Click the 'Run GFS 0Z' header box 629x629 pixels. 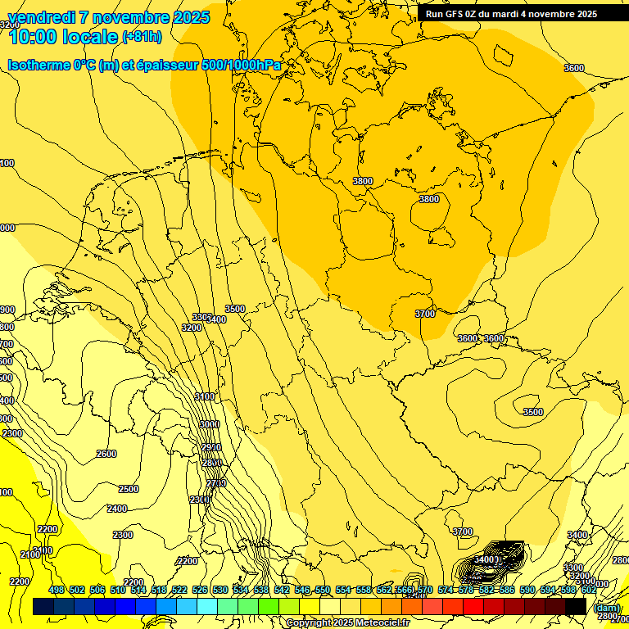point(510,13)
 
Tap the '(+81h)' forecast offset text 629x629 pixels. point(142,37)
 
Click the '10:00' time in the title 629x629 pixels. point(34,37)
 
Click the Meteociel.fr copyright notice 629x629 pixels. point(347,623)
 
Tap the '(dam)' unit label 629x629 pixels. point(606,608)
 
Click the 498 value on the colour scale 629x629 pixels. point(57,590)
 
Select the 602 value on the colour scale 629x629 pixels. point(589,590)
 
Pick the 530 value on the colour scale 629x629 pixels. point(220,590)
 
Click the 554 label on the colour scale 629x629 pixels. point(343,590)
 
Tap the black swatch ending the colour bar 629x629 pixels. point(576,606)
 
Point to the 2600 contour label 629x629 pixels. point(106,454)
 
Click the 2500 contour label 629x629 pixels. point(129,489)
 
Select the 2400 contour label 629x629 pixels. point(117,509)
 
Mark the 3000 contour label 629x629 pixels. point(209,424)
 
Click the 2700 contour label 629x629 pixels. point(216,483)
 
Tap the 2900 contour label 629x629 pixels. point(211,447)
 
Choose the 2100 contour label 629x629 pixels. point(30,554)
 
